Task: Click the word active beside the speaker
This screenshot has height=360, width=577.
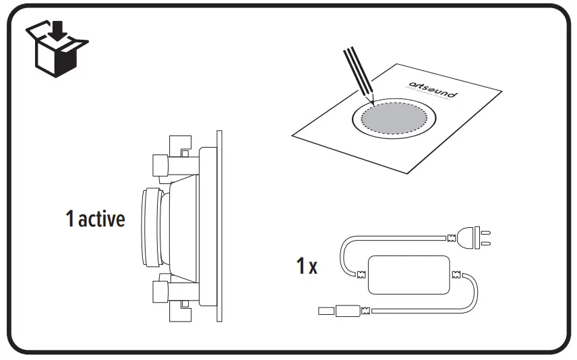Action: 102,219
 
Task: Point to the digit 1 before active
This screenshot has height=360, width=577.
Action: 70,219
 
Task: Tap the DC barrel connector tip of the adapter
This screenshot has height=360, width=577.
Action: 325,311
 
